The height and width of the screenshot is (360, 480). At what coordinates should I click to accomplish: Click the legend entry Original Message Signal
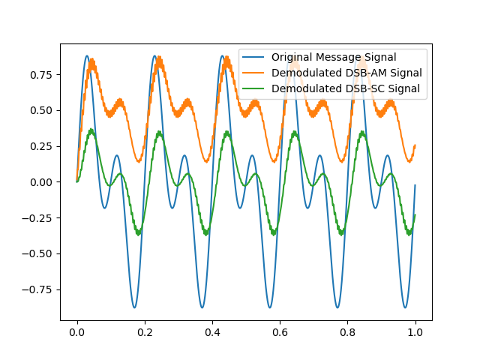334,58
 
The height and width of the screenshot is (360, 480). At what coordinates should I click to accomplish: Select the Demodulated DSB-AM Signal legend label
346,73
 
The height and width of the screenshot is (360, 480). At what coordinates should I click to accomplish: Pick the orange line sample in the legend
255,73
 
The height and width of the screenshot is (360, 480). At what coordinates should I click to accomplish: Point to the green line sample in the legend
255,88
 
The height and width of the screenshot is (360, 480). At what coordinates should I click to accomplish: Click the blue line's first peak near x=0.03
87,55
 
